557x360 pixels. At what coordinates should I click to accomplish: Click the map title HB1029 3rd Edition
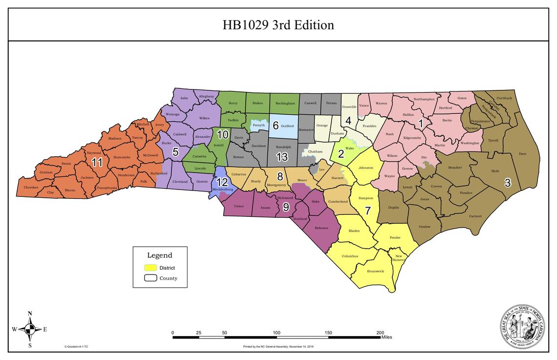278,25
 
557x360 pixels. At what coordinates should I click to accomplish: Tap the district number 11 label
97,163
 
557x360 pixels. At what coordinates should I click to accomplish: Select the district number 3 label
508,183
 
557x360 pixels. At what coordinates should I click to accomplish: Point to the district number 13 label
282,157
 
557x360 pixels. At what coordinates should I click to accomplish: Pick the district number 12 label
222,182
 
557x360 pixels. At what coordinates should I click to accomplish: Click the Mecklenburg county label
223,189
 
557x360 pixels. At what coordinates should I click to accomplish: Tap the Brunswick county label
375,271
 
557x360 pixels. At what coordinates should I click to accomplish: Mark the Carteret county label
475,216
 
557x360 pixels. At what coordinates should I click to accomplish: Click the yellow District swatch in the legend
150,268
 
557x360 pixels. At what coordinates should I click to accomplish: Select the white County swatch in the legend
150,278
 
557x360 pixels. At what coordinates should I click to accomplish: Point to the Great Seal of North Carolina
522,327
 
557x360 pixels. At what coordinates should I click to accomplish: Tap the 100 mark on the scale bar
277,333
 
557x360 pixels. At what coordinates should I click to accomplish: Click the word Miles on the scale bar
386,337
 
